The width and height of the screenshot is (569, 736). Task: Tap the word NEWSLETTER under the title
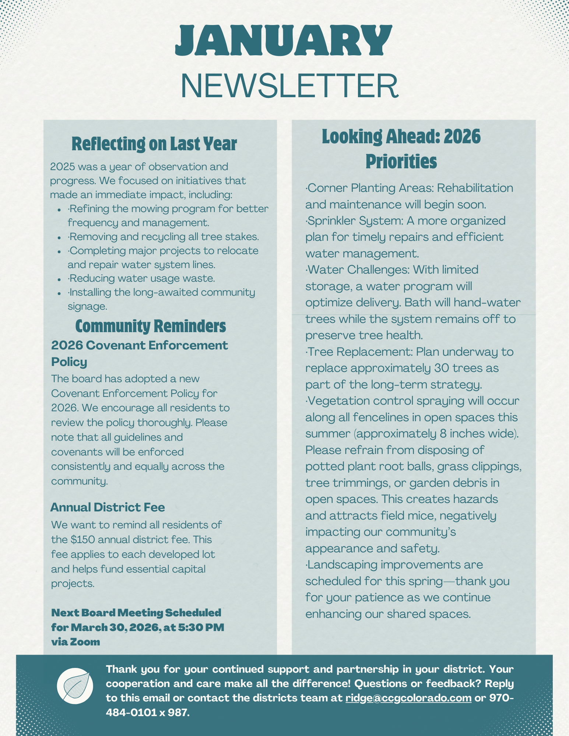pos(289,86)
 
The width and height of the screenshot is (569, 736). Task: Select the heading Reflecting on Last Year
pos(154,144)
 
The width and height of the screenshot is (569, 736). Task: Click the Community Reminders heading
pos(150,326)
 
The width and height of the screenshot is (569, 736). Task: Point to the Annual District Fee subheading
pos(108,507)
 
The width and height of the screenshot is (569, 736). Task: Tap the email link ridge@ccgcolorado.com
pos(408,698)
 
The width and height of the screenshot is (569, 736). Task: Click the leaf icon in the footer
pos(75,686)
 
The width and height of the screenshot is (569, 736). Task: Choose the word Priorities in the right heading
pos(401,162)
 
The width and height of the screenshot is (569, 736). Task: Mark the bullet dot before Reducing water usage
pos(59,279)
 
